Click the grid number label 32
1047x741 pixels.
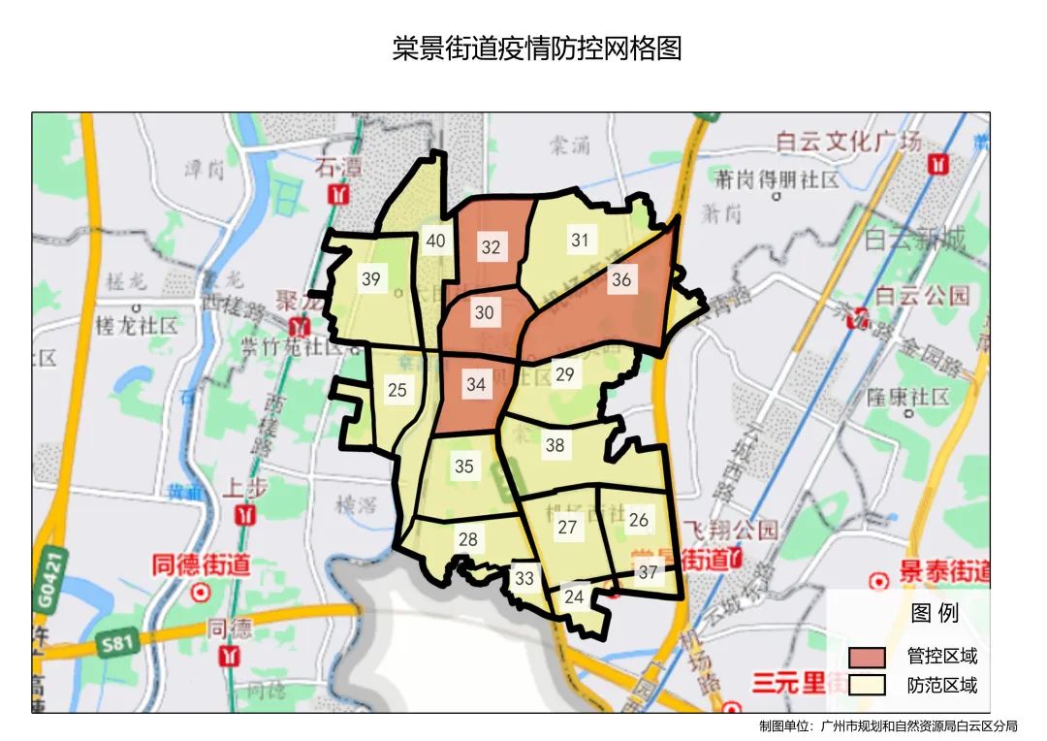[x=491, y=247]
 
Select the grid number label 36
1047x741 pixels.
[x=620, y=280]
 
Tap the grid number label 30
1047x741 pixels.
[x=484, y=312]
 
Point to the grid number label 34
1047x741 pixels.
[x=475, y=384]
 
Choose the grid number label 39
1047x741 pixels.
[x=370, y=279]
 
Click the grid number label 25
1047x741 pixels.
[x=397, y=391]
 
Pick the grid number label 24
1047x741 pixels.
[x=574, y=596]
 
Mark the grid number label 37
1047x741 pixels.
[x=648, y=572]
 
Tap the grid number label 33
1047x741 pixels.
[x=524, y=579]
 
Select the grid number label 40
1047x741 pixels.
[x=435, y=241]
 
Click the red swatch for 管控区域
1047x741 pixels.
[x=867, y=657]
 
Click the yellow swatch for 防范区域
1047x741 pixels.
[x=867, y=685]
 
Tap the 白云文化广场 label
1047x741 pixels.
[x=848, y=142]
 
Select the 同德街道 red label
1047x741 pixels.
[x=201, y=564]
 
